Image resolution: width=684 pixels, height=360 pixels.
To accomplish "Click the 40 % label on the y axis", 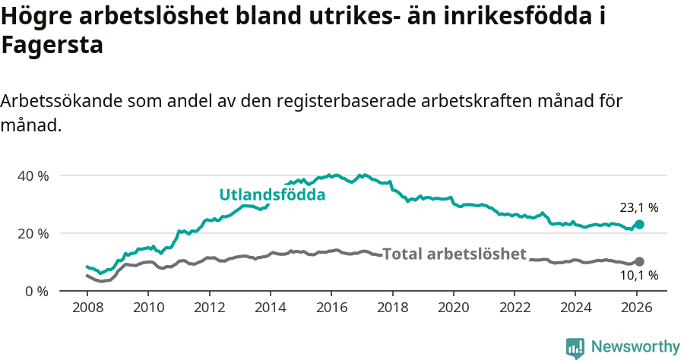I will click(x=33, y=175).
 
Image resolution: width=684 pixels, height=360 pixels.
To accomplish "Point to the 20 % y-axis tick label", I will click(x=33, y=233).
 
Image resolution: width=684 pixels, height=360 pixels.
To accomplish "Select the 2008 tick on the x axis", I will click(x=87, y=309).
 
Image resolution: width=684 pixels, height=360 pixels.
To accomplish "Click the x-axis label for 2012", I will click(x=209, y=309).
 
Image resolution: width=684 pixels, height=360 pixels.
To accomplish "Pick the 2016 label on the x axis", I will click(x=331, y=309).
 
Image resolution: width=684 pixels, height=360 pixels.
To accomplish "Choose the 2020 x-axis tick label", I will click(x=453, y=309).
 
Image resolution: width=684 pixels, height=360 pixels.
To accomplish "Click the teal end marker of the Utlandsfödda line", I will click(x=639, y=225).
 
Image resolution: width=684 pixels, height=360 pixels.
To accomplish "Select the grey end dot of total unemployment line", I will click(x=639, y=261).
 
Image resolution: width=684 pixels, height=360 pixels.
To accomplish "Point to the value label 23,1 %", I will click(x=638, y=207).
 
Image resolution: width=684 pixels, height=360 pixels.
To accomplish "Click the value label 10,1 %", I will click(x=638, y=276).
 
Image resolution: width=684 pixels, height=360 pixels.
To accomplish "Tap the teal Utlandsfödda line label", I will click(x=272, y=195).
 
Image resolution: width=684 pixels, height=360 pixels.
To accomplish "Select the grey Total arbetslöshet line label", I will click(x=454, y=254).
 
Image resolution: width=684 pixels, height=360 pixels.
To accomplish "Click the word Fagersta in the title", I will click(x=52, y=46).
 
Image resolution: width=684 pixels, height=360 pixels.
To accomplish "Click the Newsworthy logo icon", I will click(x=575, y=348).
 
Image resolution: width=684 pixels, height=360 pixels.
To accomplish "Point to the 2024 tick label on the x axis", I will click(x=575, y=309).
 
